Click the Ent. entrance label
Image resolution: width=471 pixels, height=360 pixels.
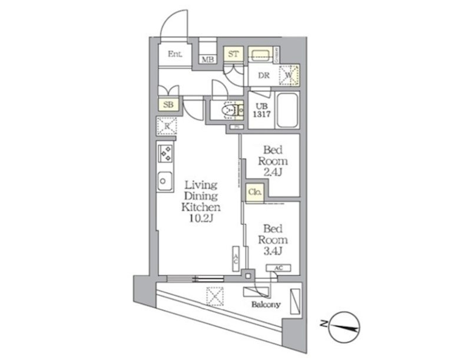175,54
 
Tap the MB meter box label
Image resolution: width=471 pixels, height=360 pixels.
207,60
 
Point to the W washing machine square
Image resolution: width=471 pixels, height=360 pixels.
290,75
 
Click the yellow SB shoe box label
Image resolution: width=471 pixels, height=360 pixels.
168,105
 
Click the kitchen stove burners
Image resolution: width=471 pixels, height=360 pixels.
165,154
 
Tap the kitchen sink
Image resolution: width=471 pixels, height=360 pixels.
165,180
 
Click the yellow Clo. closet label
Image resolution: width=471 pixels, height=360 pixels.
255,193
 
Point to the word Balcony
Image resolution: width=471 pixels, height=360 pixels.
266,305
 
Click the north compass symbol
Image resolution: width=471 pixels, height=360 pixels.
345,326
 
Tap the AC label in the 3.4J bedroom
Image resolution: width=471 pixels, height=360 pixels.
278,268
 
